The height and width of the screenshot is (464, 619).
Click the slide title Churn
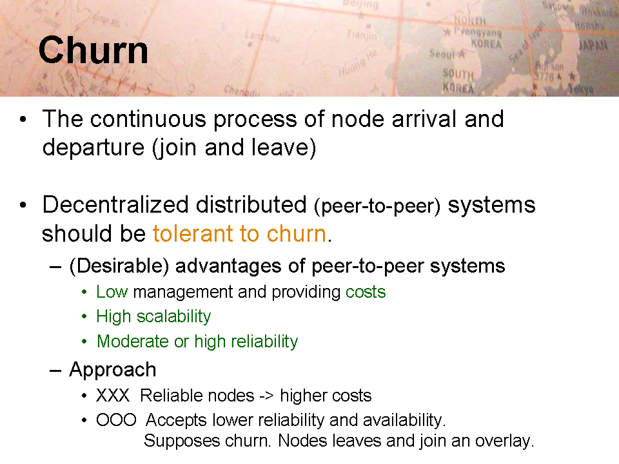click(93, 50)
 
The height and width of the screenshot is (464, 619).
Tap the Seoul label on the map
click(442, 53)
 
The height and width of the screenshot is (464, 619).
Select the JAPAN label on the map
click(593, 45)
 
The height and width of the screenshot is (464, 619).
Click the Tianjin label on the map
click(362, 35)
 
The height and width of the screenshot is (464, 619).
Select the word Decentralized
click(115, 205)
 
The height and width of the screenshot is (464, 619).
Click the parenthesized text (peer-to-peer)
click(377, 206)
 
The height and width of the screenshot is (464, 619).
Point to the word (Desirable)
click(119, 266)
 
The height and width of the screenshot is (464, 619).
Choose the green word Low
click(112, 292)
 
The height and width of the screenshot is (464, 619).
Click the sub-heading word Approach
click(113, 371)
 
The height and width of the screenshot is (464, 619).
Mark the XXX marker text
click(113, 395)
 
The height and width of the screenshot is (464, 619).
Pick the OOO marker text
click(116, 420)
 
